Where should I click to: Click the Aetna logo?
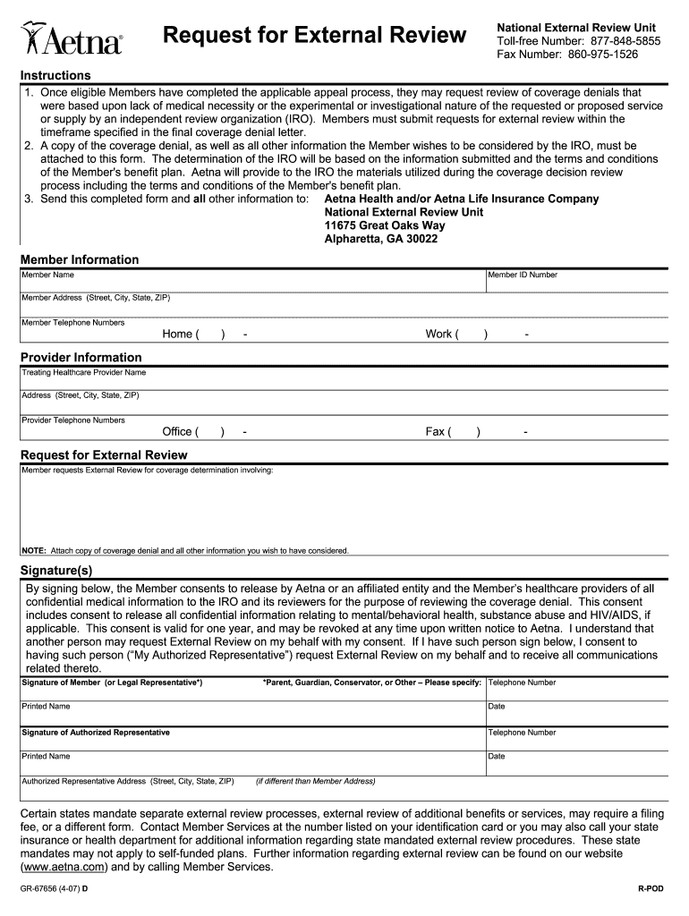click(x=72, y=38)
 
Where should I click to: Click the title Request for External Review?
click(x=314, y=36)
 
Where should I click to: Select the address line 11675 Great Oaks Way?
click(x=384, y=226)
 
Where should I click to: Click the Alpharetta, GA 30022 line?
click(x=380, y=240)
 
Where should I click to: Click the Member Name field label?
click(x=48, y=276)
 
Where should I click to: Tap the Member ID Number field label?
click(x=523, y=276)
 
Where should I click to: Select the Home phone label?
click(x=177, y=335)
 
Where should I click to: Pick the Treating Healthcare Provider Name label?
click(x=83, y=373)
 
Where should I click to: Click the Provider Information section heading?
click(x=81, y=358)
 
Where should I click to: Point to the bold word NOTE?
click(x=33, y=551)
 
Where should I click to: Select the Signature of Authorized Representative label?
click(x=96, y=733)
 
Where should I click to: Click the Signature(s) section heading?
click(x=56, y=571)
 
